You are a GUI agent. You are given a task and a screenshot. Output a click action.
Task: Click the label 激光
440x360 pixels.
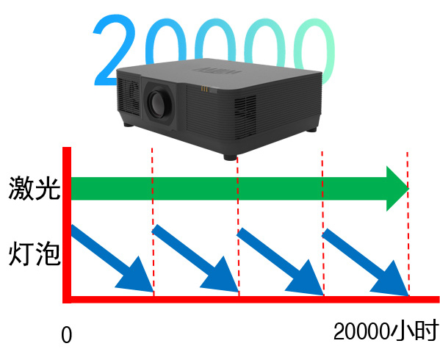pos(35,189)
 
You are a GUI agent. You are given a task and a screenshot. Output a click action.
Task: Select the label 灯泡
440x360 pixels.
pos(35,254)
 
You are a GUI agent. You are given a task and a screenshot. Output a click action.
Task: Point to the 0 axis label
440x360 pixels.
pos(67,335)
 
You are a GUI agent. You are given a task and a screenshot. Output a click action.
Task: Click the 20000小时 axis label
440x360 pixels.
pos(386,331)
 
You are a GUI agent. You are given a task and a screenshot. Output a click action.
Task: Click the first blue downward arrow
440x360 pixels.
pos(112,259)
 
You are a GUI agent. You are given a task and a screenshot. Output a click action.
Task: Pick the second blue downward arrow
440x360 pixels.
pos(195,259)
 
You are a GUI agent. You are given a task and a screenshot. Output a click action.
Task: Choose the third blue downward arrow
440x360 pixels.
pos(280,262)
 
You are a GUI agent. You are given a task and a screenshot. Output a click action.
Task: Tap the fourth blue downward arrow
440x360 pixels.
pos(365,262)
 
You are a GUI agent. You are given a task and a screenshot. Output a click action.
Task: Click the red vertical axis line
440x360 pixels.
pos(67,225)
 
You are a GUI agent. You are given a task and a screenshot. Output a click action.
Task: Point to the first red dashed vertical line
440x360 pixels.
pos(153,222)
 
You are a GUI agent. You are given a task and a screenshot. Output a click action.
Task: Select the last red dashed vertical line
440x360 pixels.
pos(408,223)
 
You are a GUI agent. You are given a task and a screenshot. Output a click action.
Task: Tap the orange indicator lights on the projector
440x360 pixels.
pos(204,89)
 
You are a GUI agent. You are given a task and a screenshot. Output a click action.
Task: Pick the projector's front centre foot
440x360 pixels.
pos(230,156)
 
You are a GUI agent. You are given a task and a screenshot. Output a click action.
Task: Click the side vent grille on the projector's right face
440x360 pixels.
pos(245,117)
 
